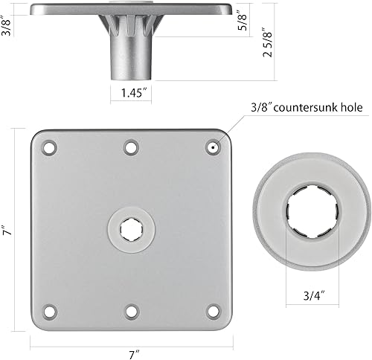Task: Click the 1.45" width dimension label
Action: coord(132,94)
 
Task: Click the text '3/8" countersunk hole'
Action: coord(303,108)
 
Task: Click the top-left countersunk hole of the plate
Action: coord(49,147)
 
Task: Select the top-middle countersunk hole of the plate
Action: coord(131,147)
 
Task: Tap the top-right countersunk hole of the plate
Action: coord(213,147)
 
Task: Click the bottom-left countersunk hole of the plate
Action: coord(49,310)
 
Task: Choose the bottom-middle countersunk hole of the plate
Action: coord(131,310)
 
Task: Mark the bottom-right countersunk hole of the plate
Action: coord(213,310)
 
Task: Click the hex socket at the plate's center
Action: coord(131,228)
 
